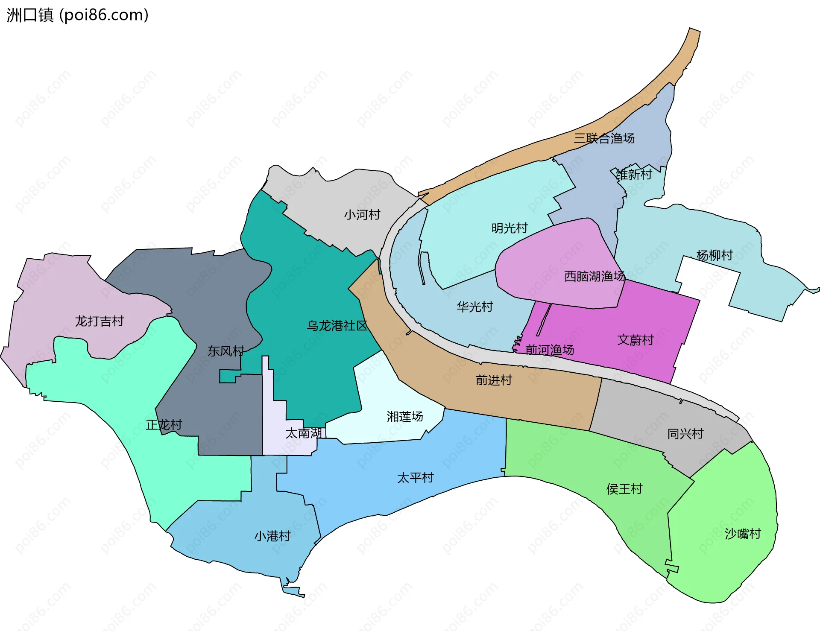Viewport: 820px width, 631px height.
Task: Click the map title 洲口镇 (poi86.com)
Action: (x=78, y=15)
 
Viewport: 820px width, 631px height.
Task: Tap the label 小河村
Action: (x=362, y=214)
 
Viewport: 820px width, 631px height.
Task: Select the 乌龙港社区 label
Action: (x=337, y=326)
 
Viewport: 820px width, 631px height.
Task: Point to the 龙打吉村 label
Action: (x=99, y=321)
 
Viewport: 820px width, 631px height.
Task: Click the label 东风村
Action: (x=225, y=351)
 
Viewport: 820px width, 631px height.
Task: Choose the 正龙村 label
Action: (x=164, y=425)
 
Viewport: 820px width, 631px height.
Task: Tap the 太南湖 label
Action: (x=303, y=433)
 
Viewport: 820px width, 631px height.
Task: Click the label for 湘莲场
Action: (x=405, y=416)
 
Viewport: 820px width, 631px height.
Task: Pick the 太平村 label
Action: (x=415, y=477)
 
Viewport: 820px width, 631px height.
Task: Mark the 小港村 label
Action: (x=272, y=536)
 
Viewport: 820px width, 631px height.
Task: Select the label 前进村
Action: (x=494, y=380)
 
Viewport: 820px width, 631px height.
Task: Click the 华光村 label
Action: (x=474, y=307)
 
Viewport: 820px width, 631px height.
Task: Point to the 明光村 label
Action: (x=510, y=228)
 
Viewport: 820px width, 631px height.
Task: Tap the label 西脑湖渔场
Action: (x=594, y=276)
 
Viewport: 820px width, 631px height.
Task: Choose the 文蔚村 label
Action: (x=635, y=340)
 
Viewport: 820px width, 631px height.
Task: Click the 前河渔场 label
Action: (x=550, y=350)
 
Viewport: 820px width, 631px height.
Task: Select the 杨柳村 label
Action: (x=715, y=255)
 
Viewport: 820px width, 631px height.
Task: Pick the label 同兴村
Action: (x=685, y=434)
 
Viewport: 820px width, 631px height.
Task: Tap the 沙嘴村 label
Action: (x=743, y=534)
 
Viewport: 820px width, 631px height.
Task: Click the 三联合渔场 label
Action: (x=604, y=138)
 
